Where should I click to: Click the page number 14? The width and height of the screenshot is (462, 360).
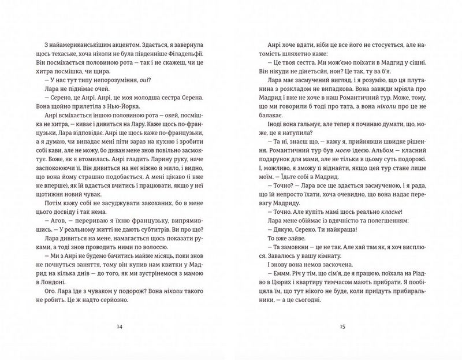(x=120, y=327)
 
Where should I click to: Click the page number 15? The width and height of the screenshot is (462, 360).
(x=342, y=327)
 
